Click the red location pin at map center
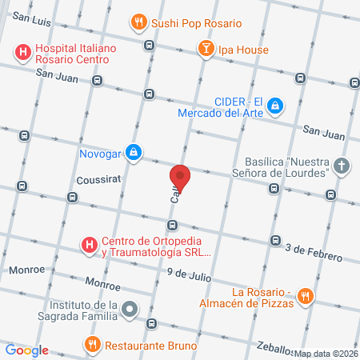180,177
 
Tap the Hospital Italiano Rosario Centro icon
23,54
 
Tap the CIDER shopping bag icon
274,105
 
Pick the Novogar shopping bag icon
134,150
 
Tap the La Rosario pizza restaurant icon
304,297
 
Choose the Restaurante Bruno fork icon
93,345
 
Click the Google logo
27,350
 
